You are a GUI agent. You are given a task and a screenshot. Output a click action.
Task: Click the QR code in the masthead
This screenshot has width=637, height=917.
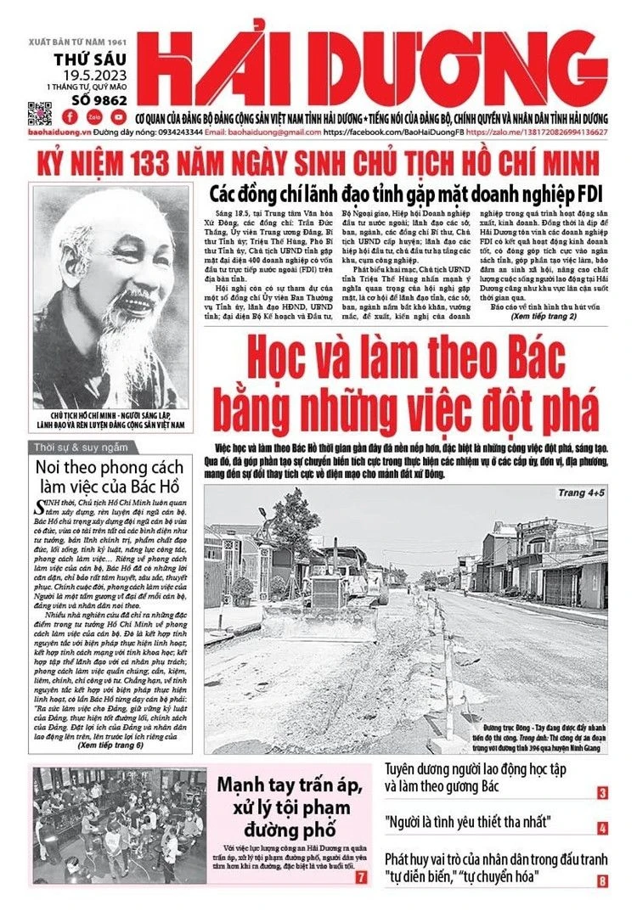click(x=40, y=113)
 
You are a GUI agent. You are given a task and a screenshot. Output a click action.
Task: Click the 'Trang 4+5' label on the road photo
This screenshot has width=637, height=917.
click(x=581, y=492)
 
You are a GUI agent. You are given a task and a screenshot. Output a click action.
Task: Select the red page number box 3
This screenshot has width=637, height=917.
click(x=602, y=794)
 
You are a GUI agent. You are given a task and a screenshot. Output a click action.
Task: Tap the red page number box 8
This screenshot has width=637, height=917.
click(x=602, y=881)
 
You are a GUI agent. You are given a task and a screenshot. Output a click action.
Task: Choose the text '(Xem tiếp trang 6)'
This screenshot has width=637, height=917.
click(x=110, y=746)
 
